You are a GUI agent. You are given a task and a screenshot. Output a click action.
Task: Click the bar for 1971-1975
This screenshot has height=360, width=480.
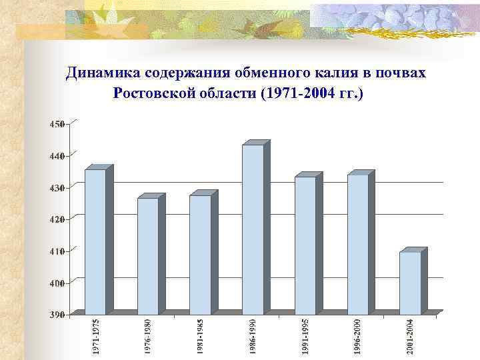coord(95,241)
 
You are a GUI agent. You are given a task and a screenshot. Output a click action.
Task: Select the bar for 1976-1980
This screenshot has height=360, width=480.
coord(147,256)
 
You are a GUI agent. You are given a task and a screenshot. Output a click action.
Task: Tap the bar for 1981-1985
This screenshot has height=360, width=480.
coord(200,254)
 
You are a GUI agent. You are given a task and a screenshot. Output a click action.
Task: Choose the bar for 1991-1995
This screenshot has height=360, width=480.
coord(305,245)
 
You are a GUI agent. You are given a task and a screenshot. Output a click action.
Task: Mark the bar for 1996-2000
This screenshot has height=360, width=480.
coord(357,244)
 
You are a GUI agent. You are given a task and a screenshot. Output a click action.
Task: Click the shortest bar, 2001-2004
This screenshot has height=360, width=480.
coord(410,283)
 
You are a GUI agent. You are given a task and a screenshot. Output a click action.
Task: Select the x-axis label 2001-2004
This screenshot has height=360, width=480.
coord(411,336)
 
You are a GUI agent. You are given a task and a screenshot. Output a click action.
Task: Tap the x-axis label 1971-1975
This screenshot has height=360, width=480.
coord(97,336)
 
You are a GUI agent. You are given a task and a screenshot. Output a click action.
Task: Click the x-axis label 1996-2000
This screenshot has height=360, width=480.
coord(358,336)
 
